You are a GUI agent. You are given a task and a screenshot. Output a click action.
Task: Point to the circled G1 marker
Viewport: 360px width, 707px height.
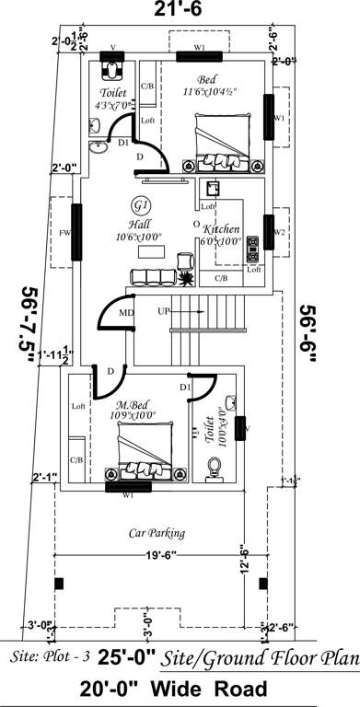[x=140, y=204]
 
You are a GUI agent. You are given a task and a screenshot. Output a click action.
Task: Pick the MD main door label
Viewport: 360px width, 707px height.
[x=126, y=314]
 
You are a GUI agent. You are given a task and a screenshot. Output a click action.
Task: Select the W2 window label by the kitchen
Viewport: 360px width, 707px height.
[x=279, y=232]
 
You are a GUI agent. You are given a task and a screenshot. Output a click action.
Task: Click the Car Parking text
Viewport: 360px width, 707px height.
[x=157, y=533]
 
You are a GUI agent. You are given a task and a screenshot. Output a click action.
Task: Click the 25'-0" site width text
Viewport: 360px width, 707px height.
[x=115, y=658]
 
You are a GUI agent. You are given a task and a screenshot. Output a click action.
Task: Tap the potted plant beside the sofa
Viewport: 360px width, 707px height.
[x=185, y=276]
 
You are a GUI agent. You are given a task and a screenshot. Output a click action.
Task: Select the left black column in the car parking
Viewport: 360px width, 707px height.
[x=59, y=584]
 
